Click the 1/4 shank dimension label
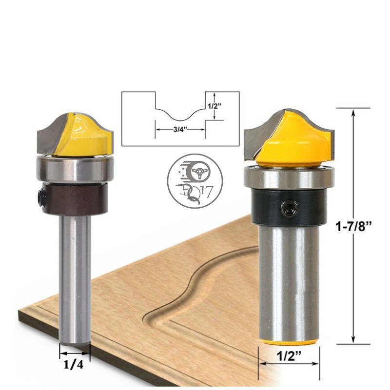pos(74,364)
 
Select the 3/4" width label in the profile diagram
pos(180,130)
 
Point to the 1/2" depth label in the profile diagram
pos(214,106)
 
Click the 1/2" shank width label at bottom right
pos(289,356)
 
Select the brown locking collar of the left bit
pos(75,198)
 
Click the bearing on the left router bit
pos(75,169)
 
